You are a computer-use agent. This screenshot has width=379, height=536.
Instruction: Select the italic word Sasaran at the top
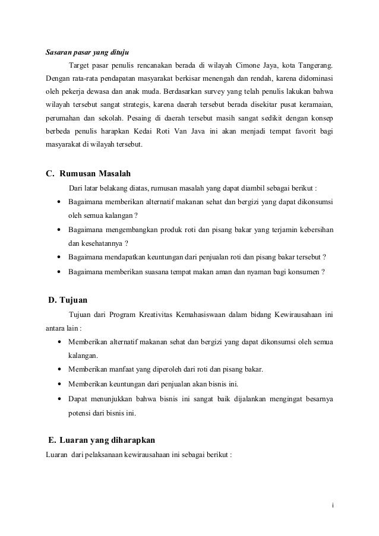(x=59, y=52)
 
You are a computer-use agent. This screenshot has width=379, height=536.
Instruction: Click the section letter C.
(x=50, y=175)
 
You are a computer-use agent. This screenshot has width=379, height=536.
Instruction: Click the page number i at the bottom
(x=333, y=506)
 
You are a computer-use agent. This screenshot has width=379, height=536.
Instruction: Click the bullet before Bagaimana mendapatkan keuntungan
(x=59, y=258)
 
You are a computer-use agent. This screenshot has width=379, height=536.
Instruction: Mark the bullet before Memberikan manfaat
(x=59, y=369)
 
